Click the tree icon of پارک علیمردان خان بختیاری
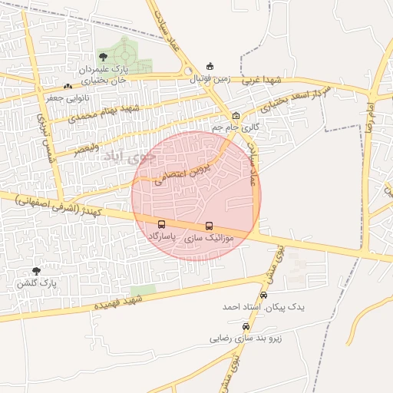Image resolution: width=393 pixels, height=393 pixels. [104, 57]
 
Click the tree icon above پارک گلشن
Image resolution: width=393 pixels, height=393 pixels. [36, 271]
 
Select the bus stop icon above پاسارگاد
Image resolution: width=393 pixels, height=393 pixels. [161, 225]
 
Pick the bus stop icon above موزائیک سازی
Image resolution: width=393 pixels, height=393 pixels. [209, 226]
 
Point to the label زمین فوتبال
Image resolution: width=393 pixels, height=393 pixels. [208, 78]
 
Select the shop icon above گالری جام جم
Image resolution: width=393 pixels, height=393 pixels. [236, 116]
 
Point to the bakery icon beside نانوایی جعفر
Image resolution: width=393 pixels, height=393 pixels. [68, 86]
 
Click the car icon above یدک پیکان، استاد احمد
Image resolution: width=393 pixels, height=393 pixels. [264, 295]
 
